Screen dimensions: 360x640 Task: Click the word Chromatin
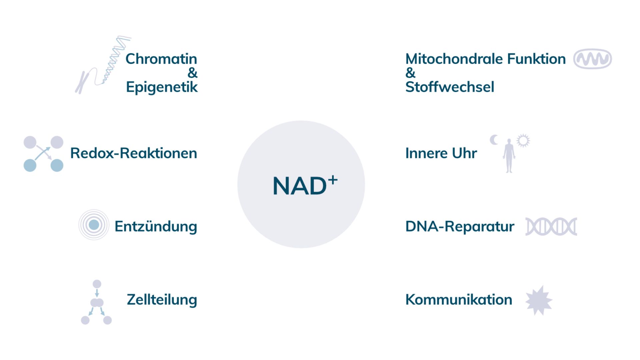pyautogui.click(x=161, y=59)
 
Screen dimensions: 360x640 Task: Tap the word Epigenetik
pyautogui.click(x=162, y=87)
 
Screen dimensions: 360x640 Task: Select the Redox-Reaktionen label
pyautogui.click(x=133, y=153)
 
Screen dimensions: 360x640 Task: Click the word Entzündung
pyautogui.click(x=156, y=227)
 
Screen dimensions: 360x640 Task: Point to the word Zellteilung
pyautogui.click(x=162, y=300)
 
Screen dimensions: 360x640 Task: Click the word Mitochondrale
pyautogui.click(x=453, y=59)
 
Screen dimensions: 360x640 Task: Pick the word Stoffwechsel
pyautogui.click(x=449, y=87)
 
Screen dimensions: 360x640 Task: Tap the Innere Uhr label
pyautogui.click(x=441, y=153)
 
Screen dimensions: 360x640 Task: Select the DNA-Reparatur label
pyautogui.click(x=459, y=226)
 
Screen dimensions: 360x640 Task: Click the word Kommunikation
pyautogui.click(x=458, y=300)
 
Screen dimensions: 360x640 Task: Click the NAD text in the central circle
pyautogui.click(x=299, y=186)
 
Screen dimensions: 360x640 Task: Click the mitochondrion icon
pyautogui.click(x=592, y=59)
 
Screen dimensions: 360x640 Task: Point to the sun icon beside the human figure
pyautogui.click(x=523, y=141)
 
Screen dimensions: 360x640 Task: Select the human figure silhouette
pyautogui.click(x=509, y=156)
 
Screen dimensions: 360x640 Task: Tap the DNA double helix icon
pyautogui.click(x=551, y=227)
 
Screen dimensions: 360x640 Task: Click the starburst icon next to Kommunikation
pyautogui.click(x=539, y=300)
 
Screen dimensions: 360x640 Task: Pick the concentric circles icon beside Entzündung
pyautogui.click(x=94, y=225)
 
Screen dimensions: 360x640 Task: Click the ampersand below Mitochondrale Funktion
pyautogui.click(x=410, y=73)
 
